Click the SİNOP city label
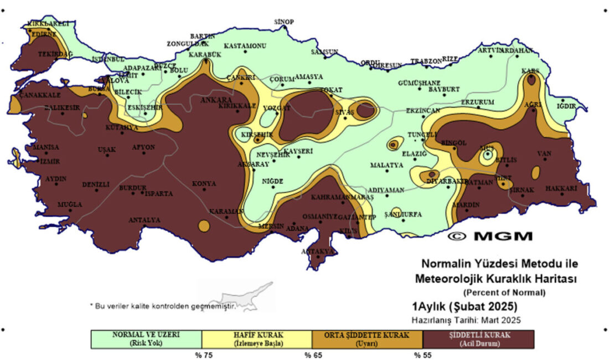[x=284, y=22]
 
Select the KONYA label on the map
[x=204, y=183]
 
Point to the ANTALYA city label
[x=144, y=220]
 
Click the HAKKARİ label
[x=561, y=188]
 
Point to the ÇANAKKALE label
[x=39, y=95]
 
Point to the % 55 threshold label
[x=423, y=354]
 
